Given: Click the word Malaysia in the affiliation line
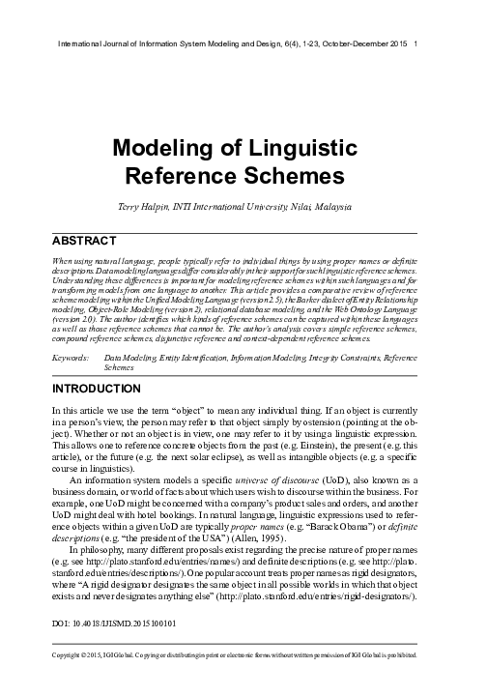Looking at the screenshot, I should [x=336, y=206].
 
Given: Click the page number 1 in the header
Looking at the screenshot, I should [x=415, y=44].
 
